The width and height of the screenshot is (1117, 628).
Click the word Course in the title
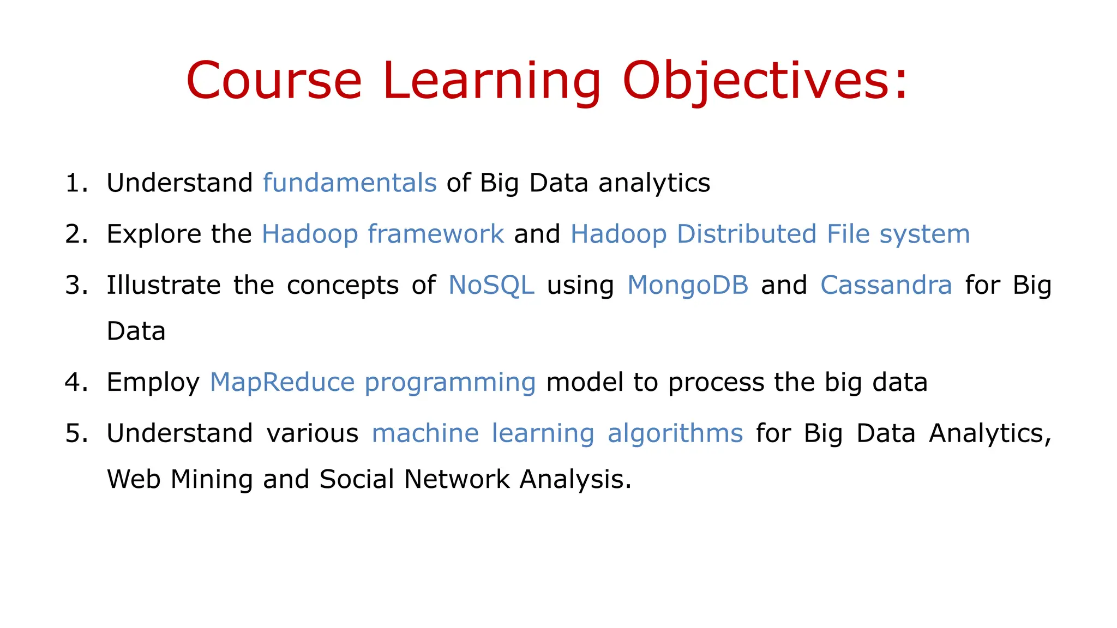coord(274,81)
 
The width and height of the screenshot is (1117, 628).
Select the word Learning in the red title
coord(491,81)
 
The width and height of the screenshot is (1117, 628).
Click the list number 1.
coord(75,183)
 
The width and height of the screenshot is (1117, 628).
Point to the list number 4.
coord(75,382)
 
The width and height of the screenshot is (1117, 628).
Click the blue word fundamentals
coord(350,183)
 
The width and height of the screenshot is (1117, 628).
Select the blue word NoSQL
coord(491,285)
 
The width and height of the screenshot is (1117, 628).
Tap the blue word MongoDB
coord(687,285)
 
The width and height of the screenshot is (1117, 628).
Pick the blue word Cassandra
coord(886,285)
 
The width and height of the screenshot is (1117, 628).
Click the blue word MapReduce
coord(282,382)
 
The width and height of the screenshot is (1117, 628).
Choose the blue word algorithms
coord(675,433)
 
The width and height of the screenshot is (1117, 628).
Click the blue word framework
coord(435,234)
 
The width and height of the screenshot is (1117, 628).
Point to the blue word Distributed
coord(746,234)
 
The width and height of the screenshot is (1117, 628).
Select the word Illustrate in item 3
coord(163,285)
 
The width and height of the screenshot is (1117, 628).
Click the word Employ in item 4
coord(153,382)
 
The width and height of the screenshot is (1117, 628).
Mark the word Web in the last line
coord(133,479)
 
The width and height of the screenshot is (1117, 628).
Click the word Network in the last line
coord(456,479)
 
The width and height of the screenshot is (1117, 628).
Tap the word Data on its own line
coord(136,331)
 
